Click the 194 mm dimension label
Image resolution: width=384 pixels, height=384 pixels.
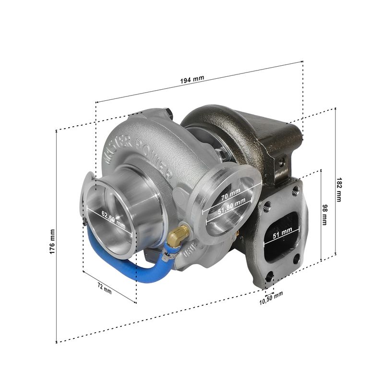[192, 79]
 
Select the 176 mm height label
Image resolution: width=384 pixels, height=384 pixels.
[52, 241]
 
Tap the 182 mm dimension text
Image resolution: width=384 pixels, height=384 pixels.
[339, 190]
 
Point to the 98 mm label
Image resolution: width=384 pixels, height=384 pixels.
[324, 215]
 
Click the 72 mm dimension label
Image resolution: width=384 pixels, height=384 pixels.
[105, 288]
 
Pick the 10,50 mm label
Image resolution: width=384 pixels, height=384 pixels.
[271, 298]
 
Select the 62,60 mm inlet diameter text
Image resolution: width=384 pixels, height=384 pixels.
[114, 220]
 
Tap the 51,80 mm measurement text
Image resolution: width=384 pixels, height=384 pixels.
[232, 206]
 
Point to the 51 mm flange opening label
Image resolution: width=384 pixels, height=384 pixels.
[282, 233]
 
